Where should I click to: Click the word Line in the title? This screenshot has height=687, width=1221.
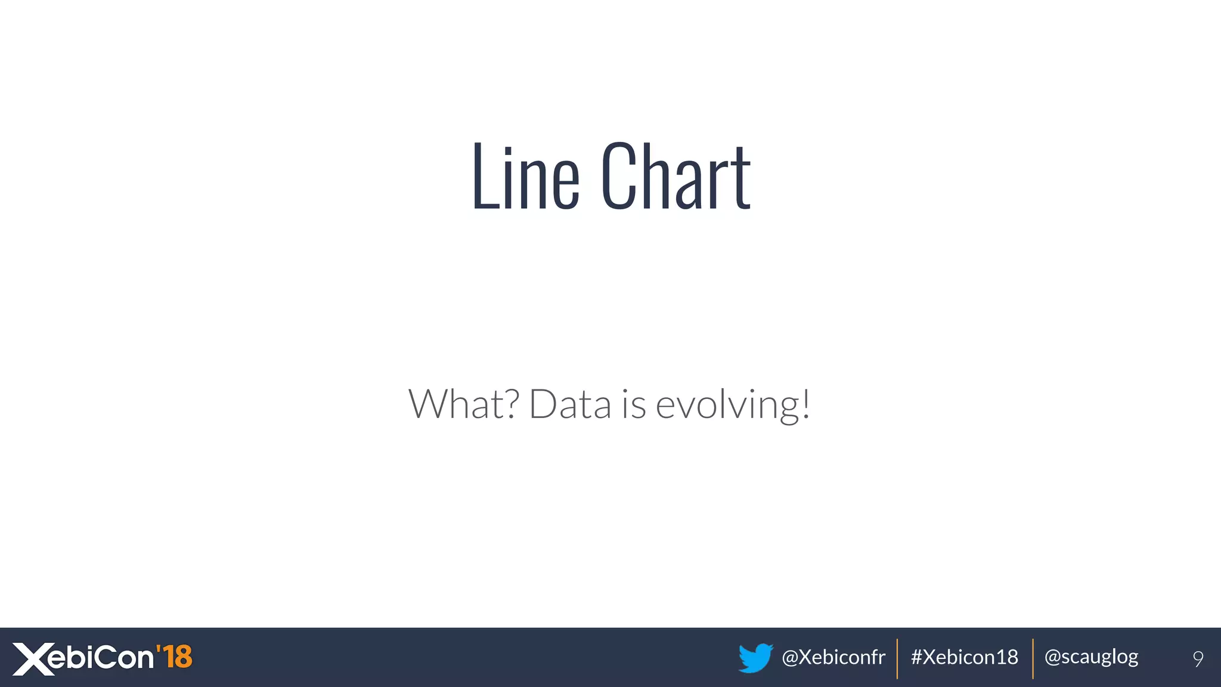(525, 177)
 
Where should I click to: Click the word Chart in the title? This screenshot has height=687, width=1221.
(676, 177)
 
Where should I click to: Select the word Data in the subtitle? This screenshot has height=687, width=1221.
(570, 404)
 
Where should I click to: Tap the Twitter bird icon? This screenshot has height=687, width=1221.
(755, 658)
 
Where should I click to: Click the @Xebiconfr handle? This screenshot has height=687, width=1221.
(833, 657)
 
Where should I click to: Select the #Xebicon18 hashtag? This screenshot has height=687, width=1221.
(964, 657)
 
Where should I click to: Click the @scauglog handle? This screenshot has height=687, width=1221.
(1091, 657)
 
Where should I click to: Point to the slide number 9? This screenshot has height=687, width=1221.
(1198, 658)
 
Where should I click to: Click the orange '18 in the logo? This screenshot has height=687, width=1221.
(175, 657)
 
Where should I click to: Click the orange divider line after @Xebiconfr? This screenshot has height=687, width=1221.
(897, 658)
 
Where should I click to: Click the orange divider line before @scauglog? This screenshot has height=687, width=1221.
(1033, 658)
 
